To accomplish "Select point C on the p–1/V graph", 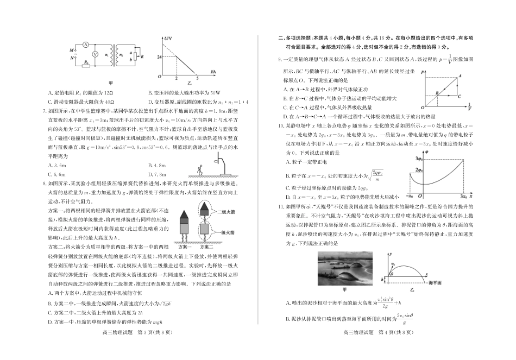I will point(461,96).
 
